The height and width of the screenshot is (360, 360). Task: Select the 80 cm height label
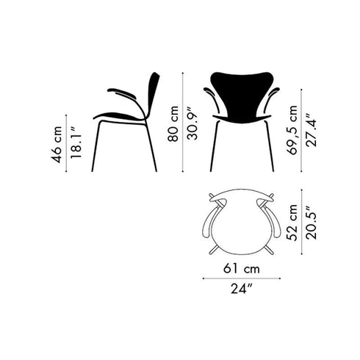click(x=173, y=123)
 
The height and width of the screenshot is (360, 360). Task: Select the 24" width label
click(x=242, y=296)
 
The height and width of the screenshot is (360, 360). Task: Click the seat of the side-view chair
click(x=118, y=116)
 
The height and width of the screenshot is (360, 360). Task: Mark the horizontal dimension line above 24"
click(x=242, y=279)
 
